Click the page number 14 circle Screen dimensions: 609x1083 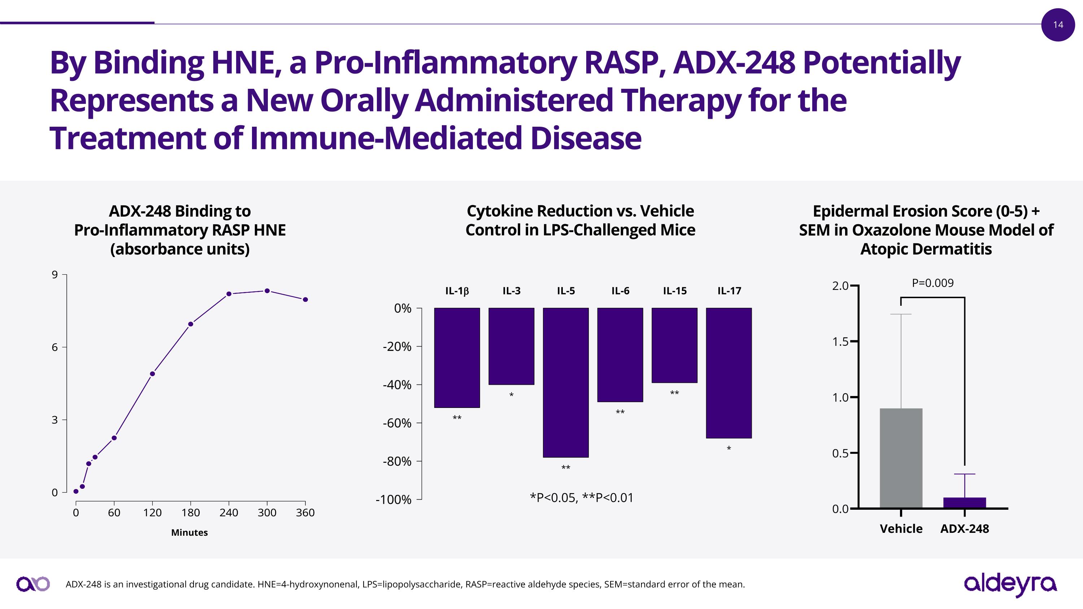pos(1058,25)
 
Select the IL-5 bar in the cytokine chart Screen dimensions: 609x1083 pos(565,382)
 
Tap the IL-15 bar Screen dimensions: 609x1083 pos(674,345)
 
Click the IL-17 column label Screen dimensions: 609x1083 pos(729,291)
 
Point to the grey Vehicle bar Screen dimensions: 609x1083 pos(901,458)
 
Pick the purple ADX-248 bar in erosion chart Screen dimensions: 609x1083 pos(965,503)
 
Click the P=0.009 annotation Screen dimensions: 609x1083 pos(932,283)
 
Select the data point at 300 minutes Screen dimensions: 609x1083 pos(267,291)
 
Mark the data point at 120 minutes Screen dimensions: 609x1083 pos(152,374)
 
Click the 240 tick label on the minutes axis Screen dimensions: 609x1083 pos(229,513)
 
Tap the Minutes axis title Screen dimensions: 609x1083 pos(189,532)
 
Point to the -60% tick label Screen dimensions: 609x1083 pos(397,423)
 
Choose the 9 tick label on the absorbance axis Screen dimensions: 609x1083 pos(55,275)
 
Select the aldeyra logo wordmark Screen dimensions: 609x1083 pos(1010,584)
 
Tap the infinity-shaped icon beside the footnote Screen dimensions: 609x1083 pos(33,584)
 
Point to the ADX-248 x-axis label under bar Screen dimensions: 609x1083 pos(965,529)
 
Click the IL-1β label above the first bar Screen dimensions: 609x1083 pos(457,291)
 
